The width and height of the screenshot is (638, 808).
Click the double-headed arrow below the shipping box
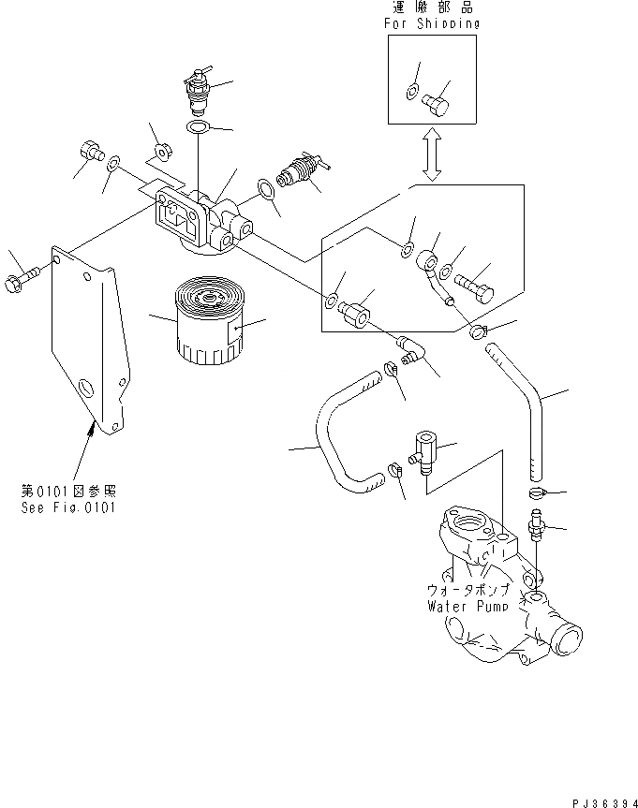[432, 155]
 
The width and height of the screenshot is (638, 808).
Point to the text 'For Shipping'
[432, 23]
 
